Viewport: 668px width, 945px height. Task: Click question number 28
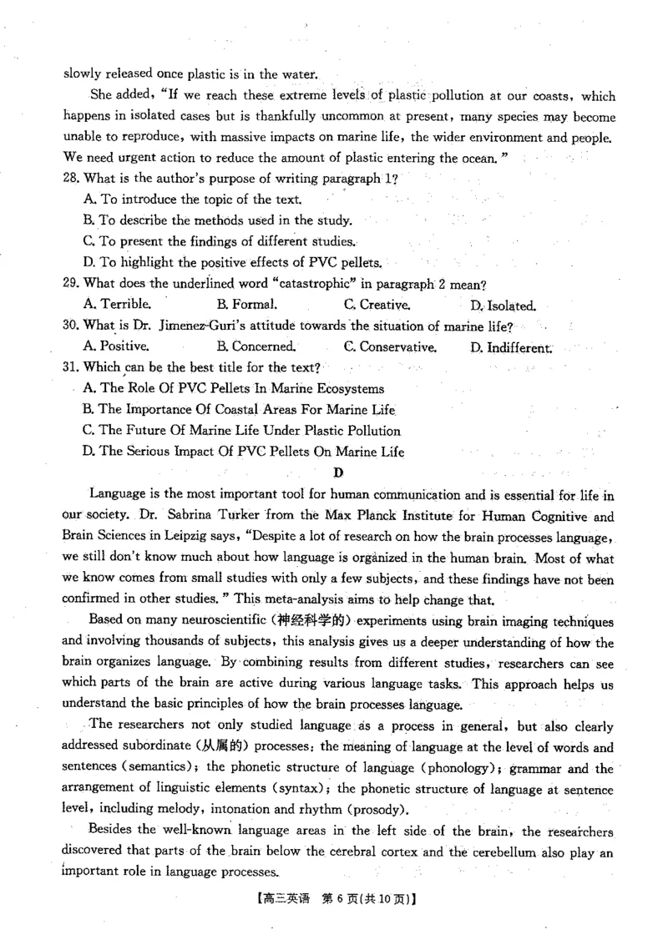[72, 179]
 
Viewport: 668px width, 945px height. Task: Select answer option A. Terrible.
[118, 305]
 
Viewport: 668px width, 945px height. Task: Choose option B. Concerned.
[256, 346]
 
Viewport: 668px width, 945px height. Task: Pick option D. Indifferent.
[510, 347]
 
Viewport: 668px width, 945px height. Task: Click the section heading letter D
[338, 473]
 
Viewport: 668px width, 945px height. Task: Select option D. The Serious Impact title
[243, 452]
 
